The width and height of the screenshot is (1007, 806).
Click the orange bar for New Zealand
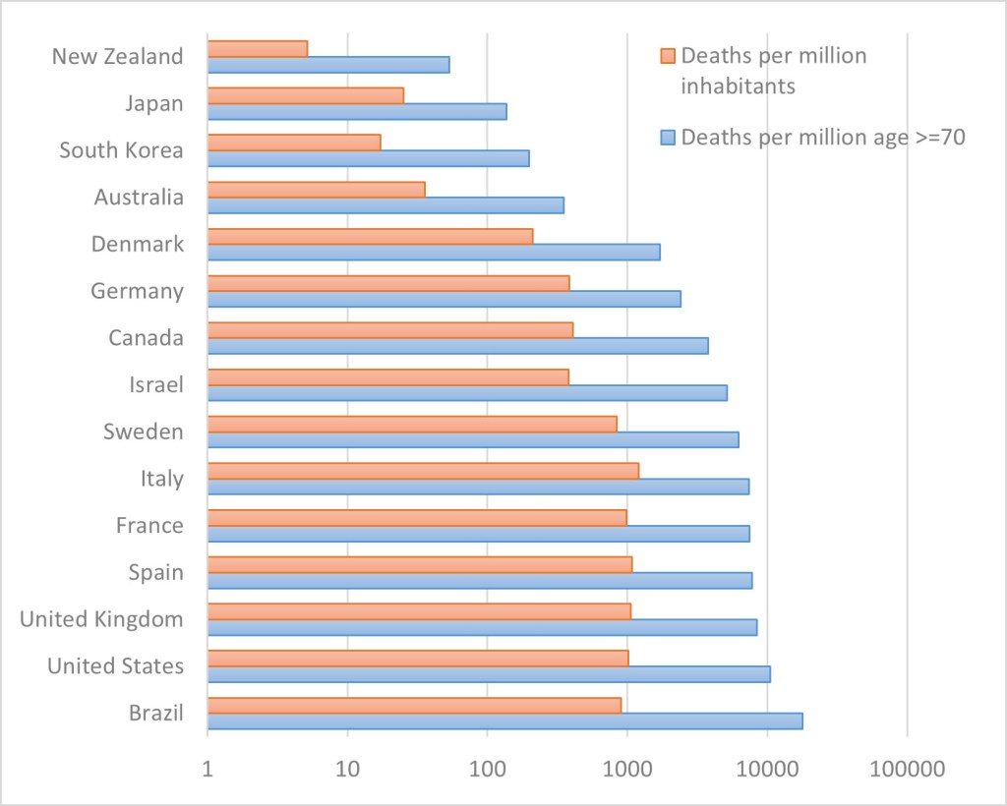(258, 48)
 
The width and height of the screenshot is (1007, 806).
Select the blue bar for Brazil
(504, 720)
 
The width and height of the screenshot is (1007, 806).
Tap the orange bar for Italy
(423, 471)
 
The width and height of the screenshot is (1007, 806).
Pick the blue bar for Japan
(357, 111)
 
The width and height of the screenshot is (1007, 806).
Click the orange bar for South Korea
(294, 143)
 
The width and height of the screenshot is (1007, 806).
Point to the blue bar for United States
(489, 674)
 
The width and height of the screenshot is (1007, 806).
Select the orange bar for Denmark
(370, 236)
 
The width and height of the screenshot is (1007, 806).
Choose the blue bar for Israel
(467, 392)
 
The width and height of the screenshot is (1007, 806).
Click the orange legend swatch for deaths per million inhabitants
(668, 55)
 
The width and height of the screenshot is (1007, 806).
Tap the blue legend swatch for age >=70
(668, 138)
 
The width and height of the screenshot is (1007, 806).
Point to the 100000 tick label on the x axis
(907, 770)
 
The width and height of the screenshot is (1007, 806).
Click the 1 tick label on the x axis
(207, 770)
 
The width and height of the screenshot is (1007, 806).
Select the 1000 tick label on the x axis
(627, 770)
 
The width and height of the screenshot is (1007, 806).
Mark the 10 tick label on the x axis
(347, 770)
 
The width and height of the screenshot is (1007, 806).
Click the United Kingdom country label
(101, 619)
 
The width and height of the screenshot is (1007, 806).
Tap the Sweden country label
(144, 432)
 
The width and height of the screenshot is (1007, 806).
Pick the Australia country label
(139, 197)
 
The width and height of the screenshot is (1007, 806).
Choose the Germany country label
(137, 291)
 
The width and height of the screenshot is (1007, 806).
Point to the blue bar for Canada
(457, 346)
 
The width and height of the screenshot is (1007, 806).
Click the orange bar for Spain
(420, 564)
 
